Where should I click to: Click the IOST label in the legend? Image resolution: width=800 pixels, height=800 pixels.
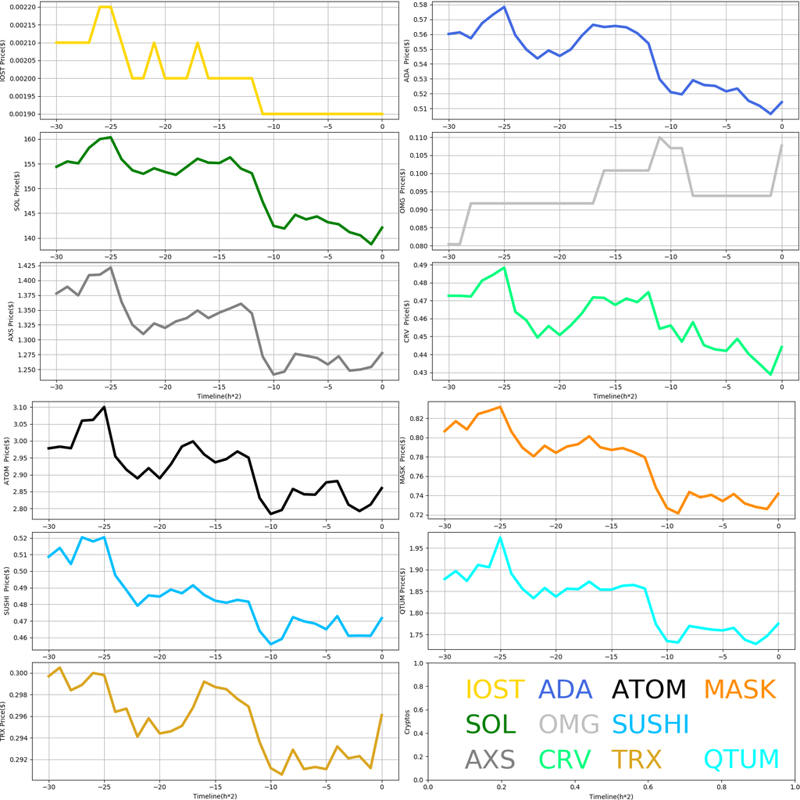click(495, 689)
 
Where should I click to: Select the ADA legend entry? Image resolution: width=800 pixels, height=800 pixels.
click(570, 689)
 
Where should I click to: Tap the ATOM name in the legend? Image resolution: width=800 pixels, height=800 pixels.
click(648, 689)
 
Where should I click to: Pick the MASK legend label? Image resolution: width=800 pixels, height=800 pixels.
click(738, 689)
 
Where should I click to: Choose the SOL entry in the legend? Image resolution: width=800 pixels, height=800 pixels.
click(491, 724)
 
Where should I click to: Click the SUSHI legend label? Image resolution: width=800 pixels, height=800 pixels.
click(650, 724)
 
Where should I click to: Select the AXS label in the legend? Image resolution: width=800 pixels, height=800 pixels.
click(490, 759)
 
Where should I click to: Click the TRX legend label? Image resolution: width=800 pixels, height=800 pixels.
click(636, 759)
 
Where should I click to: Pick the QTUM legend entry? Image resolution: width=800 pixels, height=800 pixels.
click(741, 759)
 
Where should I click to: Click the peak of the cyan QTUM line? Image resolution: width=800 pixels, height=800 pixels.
click(500, 537)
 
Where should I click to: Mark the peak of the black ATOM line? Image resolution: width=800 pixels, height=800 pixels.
click(104, 407)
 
